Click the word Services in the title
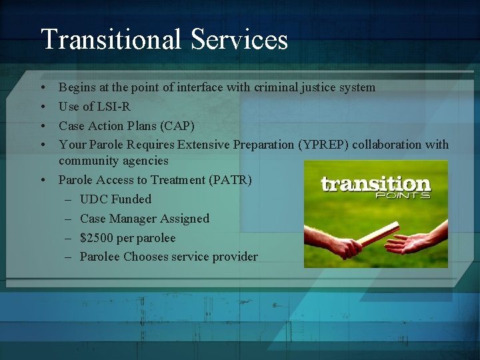point(239,39)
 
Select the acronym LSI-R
point(115,107)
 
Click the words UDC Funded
point(115,199)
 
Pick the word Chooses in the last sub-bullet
point(147,257)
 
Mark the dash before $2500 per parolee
point(70,238)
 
